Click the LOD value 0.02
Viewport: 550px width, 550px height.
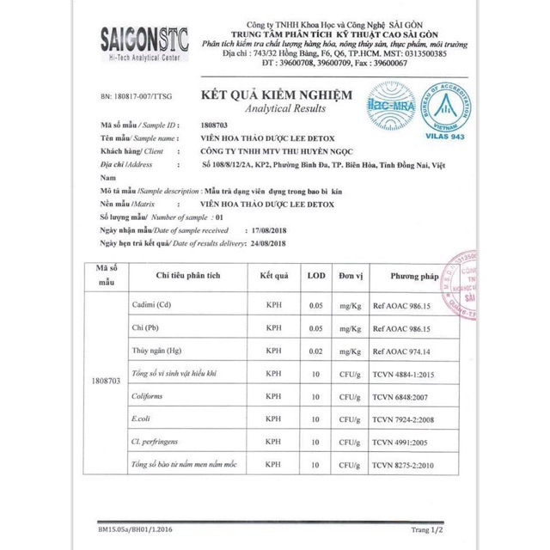tap(316, 351)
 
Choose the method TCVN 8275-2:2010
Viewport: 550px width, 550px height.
tap(412, 464)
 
